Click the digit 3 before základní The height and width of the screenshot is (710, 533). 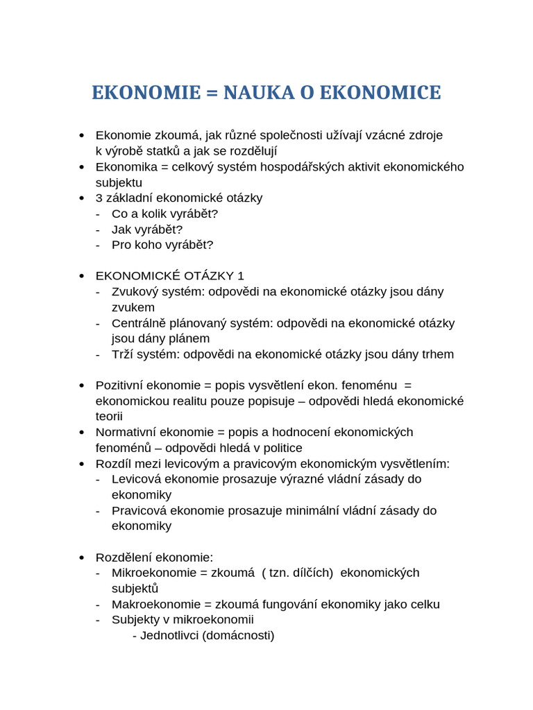click(x=99, y=198)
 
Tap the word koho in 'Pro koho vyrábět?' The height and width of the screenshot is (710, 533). click(x=148, y=245)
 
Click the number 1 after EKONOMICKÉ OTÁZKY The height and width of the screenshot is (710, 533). click(x=241, y=276)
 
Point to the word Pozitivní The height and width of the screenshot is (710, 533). click(x=120, y=386)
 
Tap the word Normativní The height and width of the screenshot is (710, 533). click(x=126, y=432)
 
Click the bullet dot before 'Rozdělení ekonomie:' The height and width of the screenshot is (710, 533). click(x=82, y=557)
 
